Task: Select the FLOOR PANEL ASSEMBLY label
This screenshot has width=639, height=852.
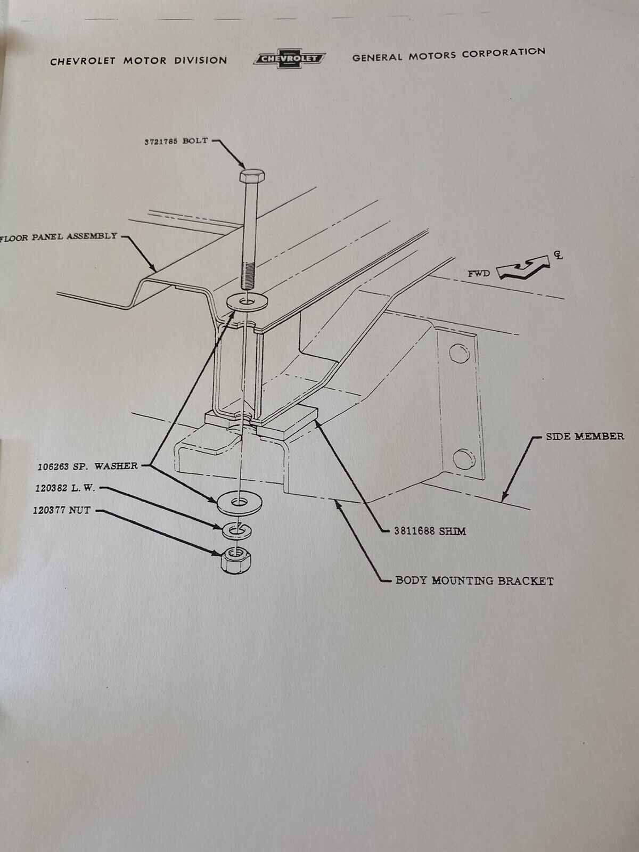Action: point(60,236)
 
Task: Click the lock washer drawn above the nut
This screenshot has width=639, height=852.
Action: point(236,529)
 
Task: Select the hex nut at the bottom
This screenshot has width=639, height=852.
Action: point(235,559)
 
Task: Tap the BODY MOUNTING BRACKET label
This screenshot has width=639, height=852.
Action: point(474,580)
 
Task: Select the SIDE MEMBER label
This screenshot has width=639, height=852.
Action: point(584,437)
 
